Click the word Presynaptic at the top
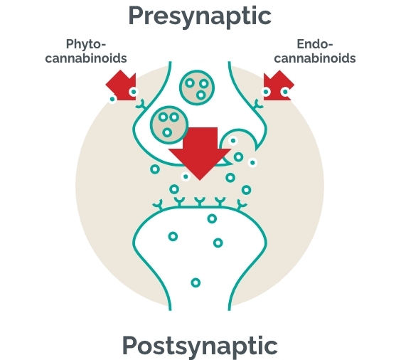(200, 16)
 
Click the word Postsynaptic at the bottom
(200, 346)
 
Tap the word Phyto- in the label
(86, 44)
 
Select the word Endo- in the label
(315, 44)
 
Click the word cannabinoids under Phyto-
(86, 58)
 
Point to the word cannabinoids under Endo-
(315, 58)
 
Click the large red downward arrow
(200, 154)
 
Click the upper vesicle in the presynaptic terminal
(197, 88)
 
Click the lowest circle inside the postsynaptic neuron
(196, 282)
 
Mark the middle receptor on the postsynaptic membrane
(200, 201)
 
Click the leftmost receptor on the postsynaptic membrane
(158, 205)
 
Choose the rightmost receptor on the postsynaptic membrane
(241, 205)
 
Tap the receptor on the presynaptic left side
(141, 105)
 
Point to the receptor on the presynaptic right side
(258, 105)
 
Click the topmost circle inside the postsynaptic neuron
(212, 218)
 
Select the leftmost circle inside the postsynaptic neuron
(173, 236)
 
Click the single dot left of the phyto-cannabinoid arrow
(112, 99)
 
